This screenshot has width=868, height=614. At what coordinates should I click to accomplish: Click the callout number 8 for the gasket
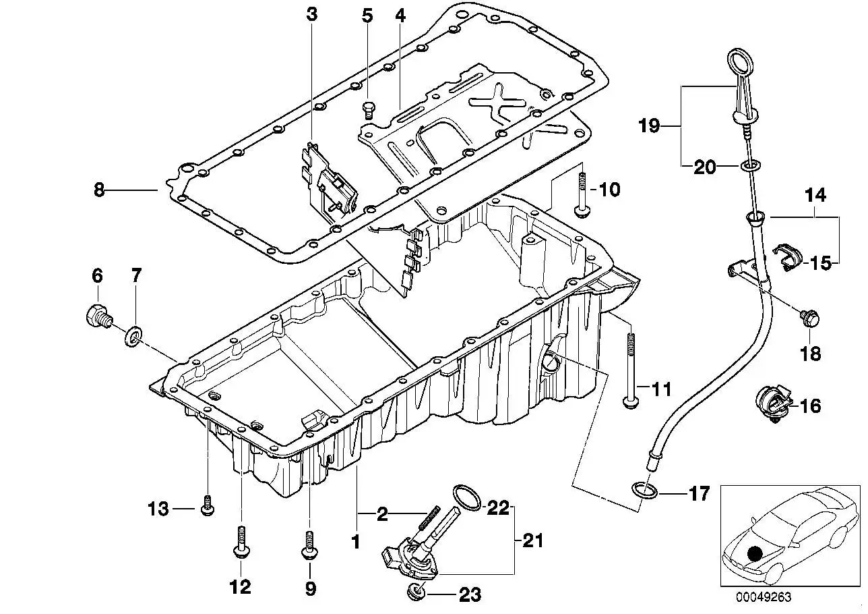pyautogui.click(x=100, y=190)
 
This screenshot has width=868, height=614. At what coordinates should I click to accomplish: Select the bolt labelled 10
pyautogui.click(x=582, y=196)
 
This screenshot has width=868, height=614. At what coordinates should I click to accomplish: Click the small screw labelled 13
pyautogui.click(x=208, y=505)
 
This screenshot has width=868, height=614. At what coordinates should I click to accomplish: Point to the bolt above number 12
pyautogui.click(x=241, y=542)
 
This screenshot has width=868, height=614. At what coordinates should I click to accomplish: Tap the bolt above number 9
pyautogui.click(x=309, y=545)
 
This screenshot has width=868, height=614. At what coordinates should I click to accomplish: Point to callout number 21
pyautogui.click(x=533, y=541)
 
